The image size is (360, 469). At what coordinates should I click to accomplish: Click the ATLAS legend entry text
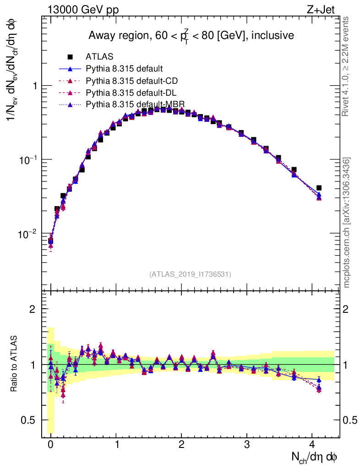click(x=99, y=57)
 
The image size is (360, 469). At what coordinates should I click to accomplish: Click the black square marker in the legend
click(x=70, y=57)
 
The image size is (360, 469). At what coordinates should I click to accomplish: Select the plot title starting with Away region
click(x=191, y=36)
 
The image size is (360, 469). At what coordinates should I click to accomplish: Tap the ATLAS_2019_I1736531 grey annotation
click(x=190, y=274)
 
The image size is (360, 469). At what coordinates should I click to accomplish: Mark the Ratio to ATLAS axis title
click(x=14, y=364)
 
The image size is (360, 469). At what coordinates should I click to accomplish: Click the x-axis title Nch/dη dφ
click(x=315, y=457)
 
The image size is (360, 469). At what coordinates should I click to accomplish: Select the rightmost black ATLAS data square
click(x=319, y=188)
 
